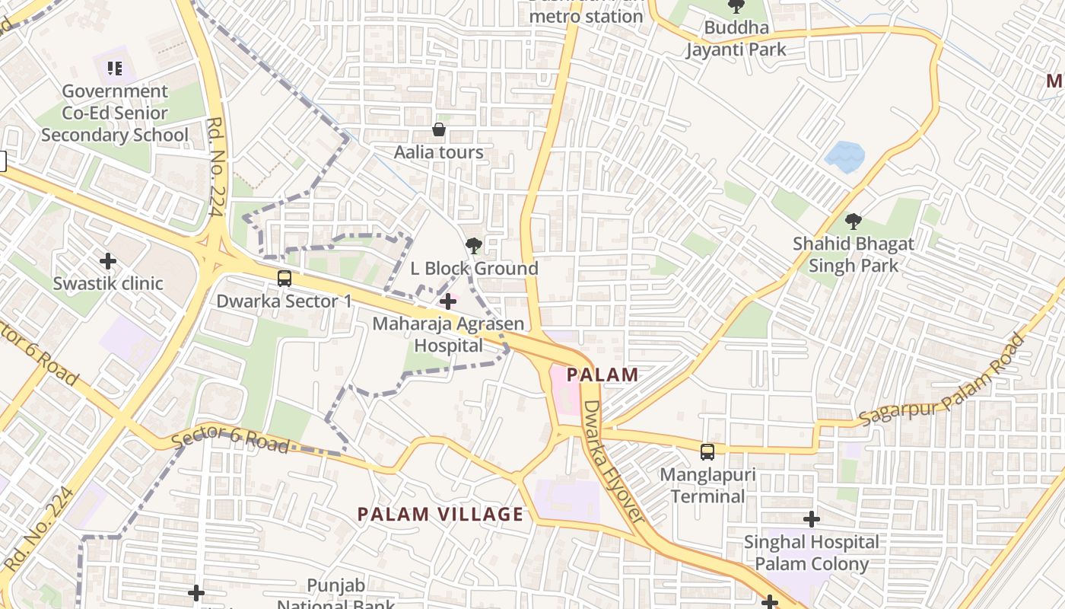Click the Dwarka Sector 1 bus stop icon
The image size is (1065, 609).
pyautogui.click(x=285, y=279)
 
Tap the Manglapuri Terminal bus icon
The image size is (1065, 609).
pyautogui.click(x=707, y=452)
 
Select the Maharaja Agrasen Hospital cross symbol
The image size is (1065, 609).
pyautogui.click(x=448, y=301)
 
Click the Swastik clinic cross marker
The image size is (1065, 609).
pyautogui.click(x=108, y=261)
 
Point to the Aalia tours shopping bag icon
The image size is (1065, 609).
pyautogui.click(x=439, y=129)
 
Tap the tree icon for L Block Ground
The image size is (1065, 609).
pyautogui.click(x=473, y=245)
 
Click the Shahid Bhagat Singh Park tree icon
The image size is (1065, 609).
pyautogui.click(x=854, y=222)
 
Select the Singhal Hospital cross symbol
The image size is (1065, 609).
pyautogui.click(x=812, y=519)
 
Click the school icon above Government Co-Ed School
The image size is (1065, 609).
pyautogui.click(x=115, y=69)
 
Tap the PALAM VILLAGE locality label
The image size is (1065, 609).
pyautogui.click(x=440, y=514)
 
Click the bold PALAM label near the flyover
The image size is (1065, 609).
pyautogui.click(x=602, y=375)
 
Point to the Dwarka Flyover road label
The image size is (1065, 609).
pyautogui.click(x=614, y=461)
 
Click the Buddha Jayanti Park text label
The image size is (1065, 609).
pyautogui.click(x=736, y=39)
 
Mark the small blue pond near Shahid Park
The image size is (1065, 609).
pyautogui.click(x=844, y=157)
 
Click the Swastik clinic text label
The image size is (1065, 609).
pyautogui.click(x=108, y=283)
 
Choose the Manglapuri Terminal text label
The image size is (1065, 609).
pyautogui.click(x=707, y=486)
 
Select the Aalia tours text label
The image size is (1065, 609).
pyautogui.click(x=439, y=152)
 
